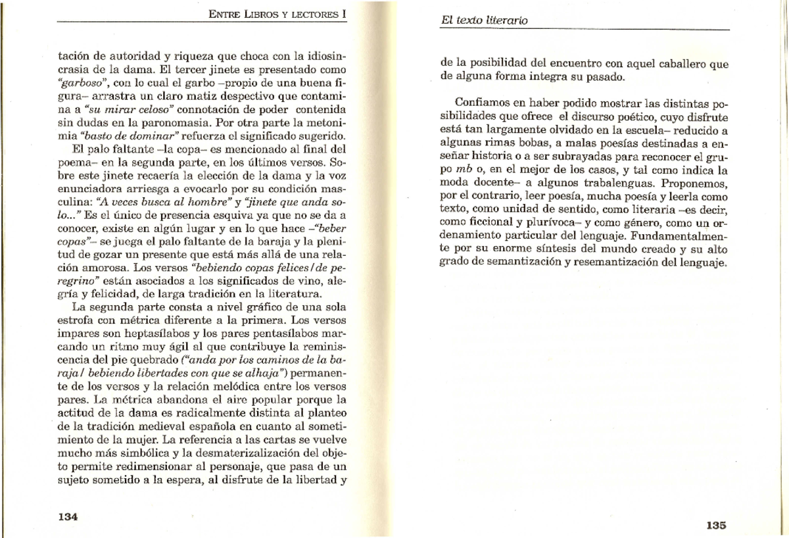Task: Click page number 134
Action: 68,516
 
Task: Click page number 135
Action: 716,525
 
